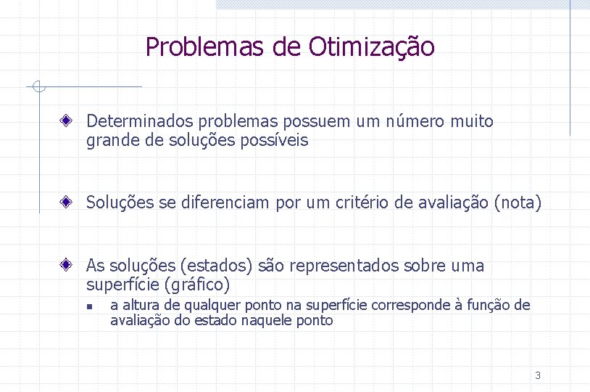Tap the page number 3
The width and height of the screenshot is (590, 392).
point(537,375)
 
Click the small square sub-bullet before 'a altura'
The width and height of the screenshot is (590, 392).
point(87,306)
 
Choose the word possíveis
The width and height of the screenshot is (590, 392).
point(279,141)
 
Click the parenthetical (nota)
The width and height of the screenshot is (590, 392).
point(518,203)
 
